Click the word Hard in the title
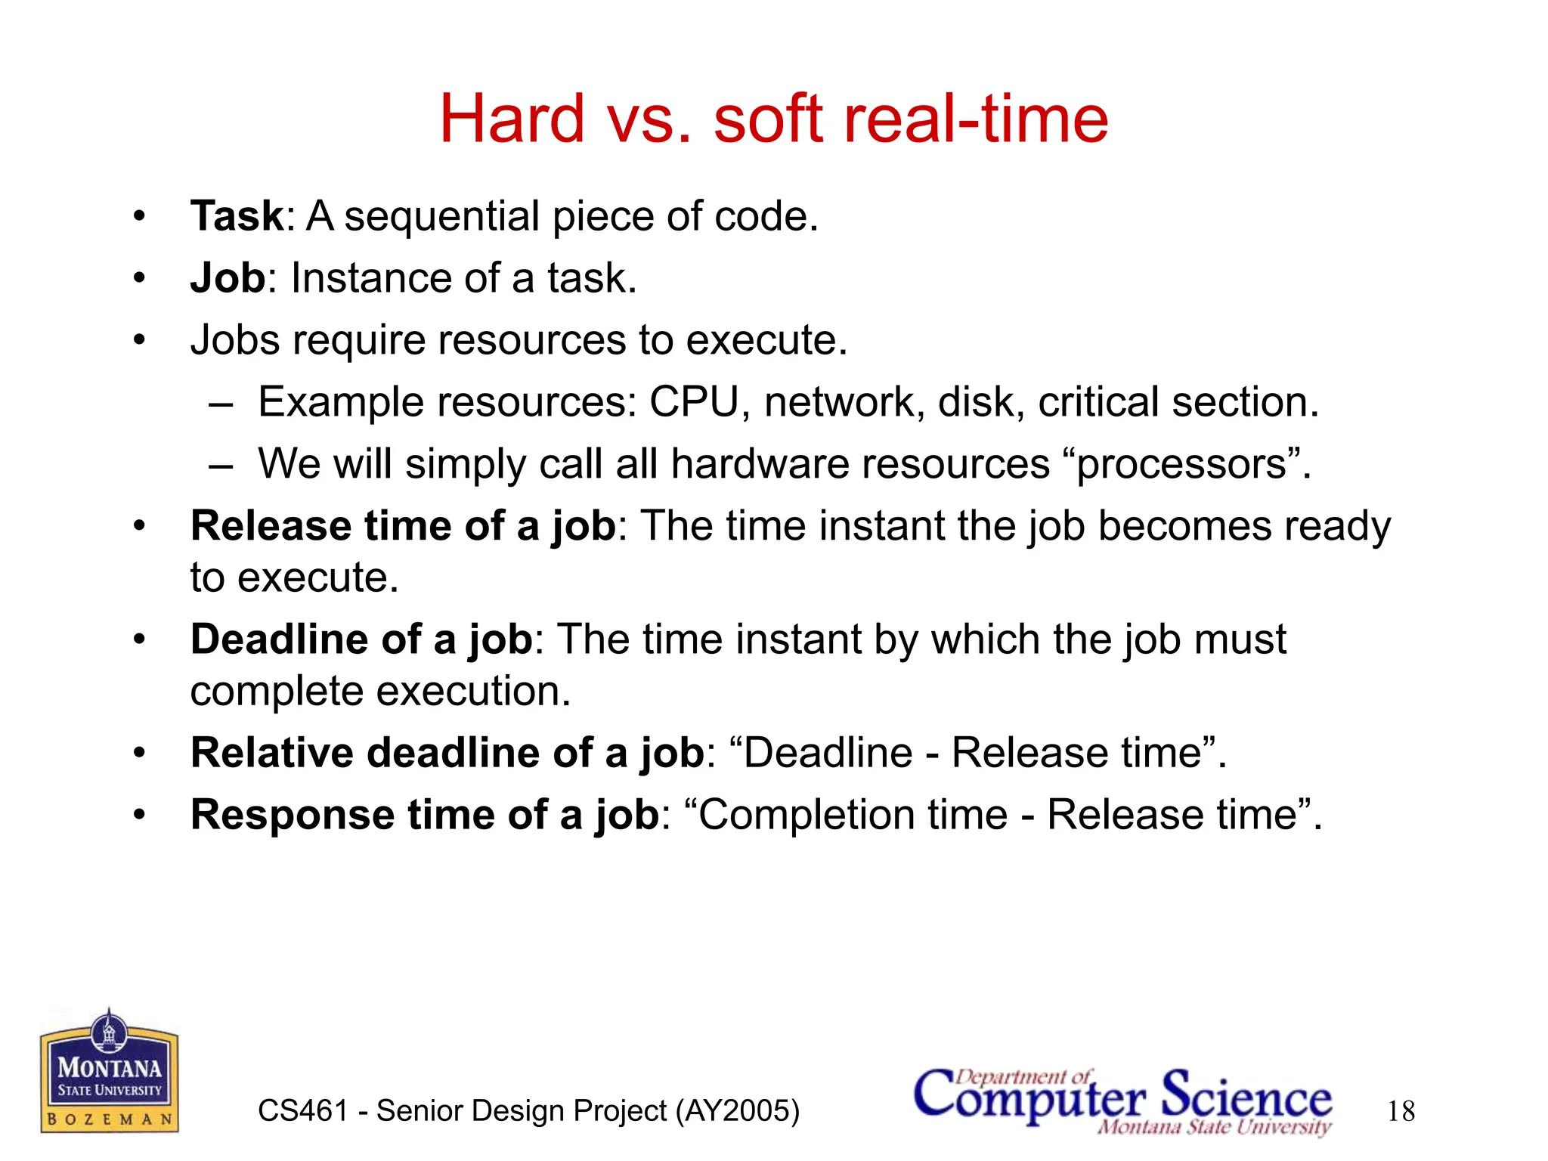(512, 119)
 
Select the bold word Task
(237, 216)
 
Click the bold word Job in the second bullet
(228, 278)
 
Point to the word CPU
(693, 401)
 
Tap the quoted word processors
(1181, 464)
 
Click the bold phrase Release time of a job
(403, 525)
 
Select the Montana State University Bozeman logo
(110, 1073)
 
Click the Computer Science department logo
(1122, 1099)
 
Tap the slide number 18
(1401, 1111)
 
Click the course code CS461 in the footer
(302, 1111)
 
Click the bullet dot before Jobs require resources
(138, 340)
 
